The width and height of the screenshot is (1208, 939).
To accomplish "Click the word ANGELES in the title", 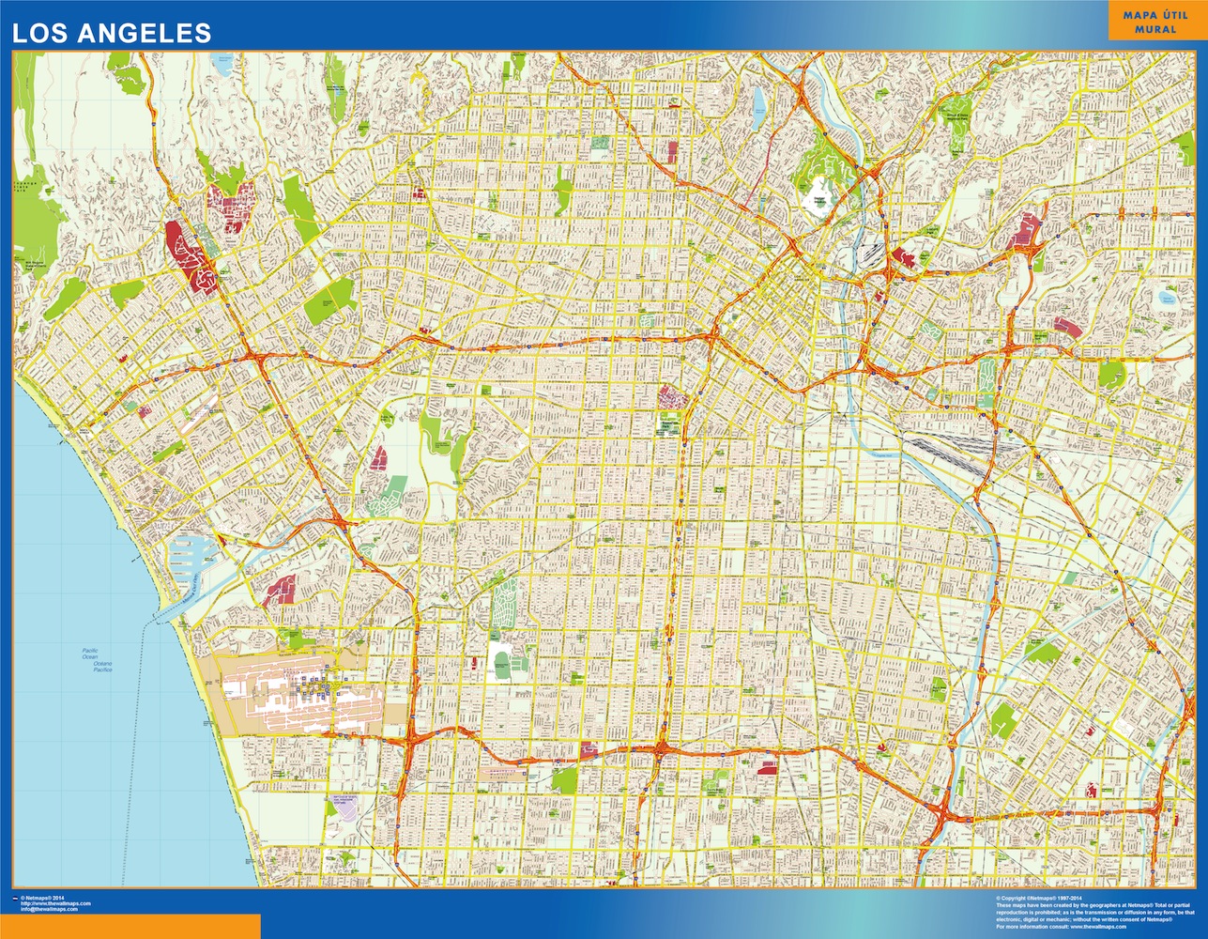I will pos(151,33).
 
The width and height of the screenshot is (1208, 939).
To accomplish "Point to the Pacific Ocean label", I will pos(90,654).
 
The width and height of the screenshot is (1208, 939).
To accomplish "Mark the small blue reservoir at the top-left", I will pos(222,64).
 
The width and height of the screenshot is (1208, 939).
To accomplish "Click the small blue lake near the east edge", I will pos(1167,299).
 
